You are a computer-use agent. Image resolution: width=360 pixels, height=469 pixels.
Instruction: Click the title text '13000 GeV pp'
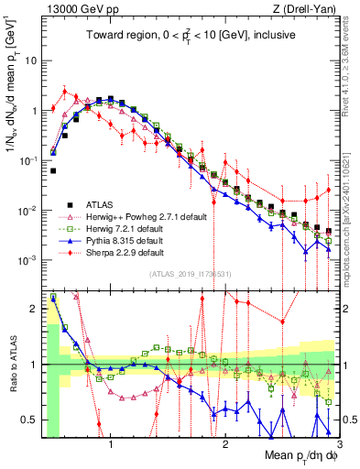[x=74, y=10]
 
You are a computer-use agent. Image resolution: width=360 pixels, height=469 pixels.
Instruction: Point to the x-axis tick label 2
[x=225, y=443]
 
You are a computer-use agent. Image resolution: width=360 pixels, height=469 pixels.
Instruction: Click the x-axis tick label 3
[x=338, y=443]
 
